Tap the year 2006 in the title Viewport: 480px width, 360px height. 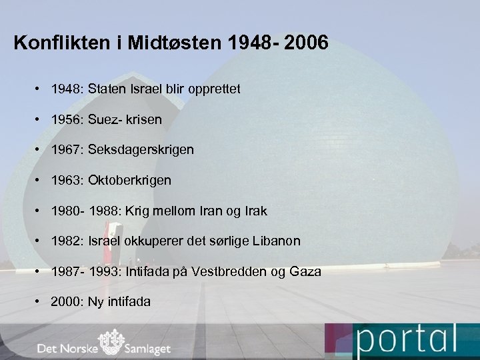[305, 44]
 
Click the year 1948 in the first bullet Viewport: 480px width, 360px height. [66, 89]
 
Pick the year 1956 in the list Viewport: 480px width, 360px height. [66, 119]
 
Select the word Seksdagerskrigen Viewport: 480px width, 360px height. [141, 150]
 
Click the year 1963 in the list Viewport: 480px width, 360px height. [66, 180]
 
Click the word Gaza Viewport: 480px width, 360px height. [305, 271]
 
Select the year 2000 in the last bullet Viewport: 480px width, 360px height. [66, 301]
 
